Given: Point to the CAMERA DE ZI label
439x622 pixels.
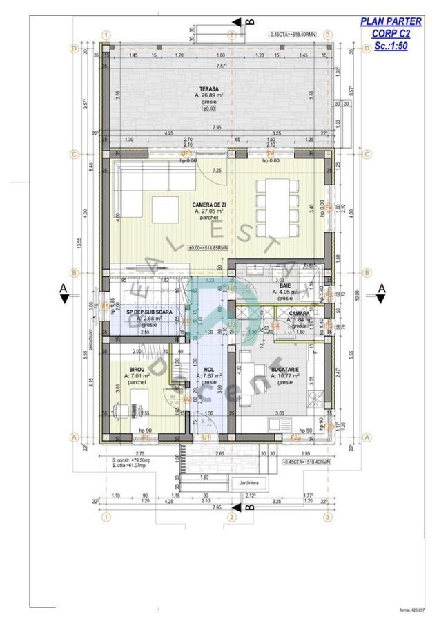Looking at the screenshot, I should [x=211, y=205].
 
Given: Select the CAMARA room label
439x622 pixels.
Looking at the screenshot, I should [x=300, y=313].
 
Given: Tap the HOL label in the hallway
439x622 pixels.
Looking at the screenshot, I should [x=208, y=370].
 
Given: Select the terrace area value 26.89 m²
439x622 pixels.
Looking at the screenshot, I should [x=211, y=96].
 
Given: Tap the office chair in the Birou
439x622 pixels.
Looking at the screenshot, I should [x=124, y=411].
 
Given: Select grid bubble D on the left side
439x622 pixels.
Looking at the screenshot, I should [x=73, y=48].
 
